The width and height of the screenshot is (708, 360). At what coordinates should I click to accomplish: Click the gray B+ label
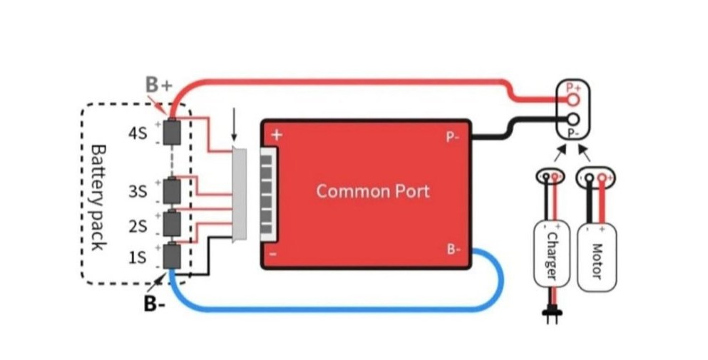click(x=159, y=85)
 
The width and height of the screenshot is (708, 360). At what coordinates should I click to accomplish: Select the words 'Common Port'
click(x=373, y=191)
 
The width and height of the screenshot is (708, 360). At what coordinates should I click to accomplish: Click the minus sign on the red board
click(x=275, y=254)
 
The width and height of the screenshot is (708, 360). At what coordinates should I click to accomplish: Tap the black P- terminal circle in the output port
click(x=573, y=119)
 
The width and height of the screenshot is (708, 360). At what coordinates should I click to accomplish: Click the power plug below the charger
click(x=551, y=314)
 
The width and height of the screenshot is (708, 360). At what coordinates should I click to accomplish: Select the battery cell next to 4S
click(x=172, y=133)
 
